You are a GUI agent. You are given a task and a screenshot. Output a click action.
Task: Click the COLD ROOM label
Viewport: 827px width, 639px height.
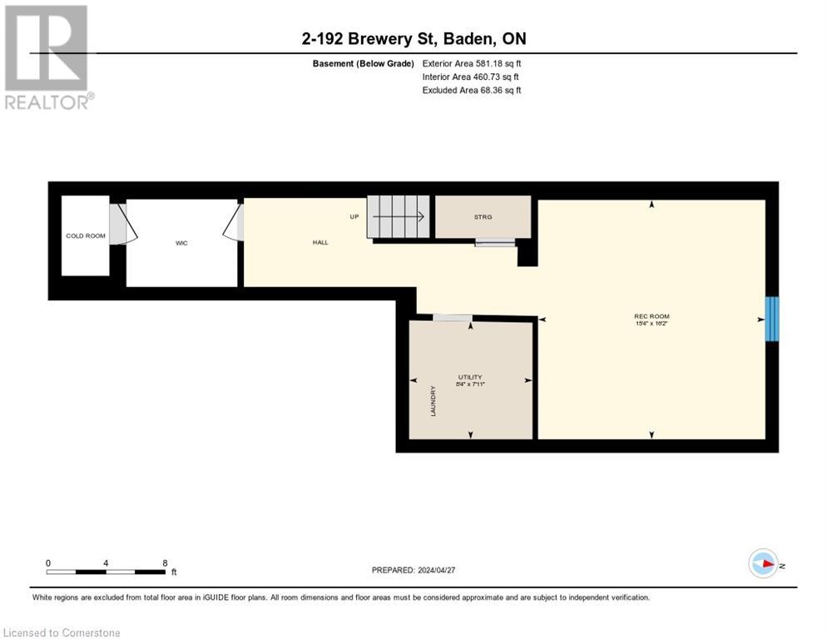86,235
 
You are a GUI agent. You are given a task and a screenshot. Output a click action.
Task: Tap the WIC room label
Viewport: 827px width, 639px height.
181,243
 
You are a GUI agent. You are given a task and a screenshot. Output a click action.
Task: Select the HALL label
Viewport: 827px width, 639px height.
320,242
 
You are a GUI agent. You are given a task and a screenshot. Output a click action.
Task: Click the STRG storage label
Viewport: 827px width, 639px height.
483,217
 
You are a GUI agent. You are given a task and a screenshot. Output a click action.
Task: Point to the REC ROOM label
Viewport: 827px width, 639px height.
651,316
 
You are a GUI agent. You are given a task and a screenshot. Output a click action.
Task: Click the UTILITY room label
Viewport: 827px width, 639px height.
470,377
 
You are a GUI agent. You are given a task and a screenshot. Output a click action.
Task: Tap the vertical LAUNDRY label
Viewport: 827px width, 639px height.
433,401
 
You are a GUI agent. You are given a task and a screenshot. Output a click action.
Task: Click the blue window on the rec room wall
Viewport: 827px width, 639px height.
772,319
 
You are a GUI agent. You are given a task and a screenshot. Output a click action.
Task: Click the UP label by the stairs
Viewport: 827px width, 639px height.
354,216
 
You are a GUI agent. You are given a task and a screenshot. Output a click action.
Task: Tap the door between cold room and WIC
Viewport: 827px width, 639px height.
121,225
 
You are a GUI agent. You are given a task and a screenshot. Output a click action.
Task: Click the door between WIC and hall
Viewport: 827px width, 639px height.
235,223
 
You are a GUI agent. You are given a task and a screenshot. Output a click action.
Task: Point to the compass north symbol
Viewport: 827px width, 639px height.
763,564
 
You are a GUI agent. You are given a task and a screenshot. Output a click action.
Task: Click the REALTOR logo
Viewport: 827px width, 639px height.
48,57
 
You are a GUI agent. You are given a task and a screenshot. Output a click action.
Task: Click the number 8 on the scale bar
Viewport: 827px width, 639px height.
165,562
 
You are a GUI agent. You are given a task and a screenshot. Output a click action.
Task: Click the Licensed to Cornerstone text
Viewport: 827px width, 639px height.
62,633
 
